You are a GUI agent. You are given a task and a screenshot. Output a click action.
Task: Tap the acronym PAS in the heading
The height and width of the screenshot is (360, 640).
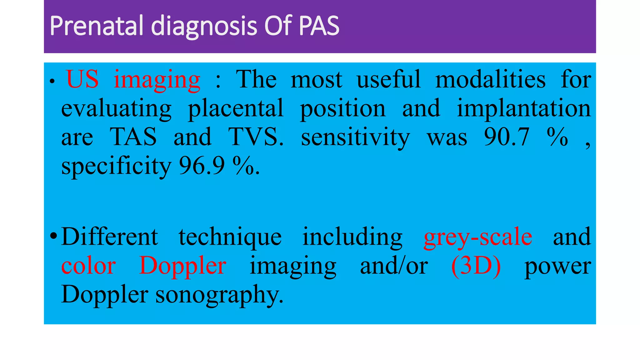319,26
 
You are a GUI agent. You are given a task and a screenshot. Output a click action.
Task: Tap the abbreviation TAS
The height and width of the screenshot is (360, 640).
133,137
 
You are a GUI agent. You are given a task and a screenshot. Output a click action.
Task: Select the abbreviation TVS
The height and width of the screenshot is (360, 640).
256,137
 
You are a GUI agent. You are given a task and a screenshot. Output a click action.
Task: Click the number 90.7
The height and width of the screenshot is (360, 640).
507,137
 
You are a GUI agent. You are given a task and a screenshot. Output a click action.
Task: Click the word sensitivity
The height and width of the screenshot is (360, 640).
355,137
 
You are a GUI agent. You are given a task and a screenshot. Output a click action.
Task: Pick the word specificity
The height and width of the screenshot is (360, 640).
116,166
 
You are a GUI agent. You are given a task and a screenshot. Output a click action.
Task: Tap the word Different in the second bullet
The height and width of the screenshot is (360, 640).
109,237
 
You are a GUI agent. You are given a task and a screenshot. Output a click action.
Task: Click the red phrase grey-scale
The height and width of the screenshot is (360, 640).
478,237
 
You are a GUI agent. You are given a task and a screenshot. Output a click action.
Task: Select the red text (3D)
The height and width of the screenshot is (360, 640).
476,266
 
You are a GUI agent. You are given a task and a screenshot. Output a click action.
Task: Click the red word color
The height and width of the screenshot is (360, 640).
89,266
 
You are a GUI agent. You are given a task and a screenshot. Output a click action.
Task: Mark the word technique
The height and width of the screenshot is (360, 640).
230,237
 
